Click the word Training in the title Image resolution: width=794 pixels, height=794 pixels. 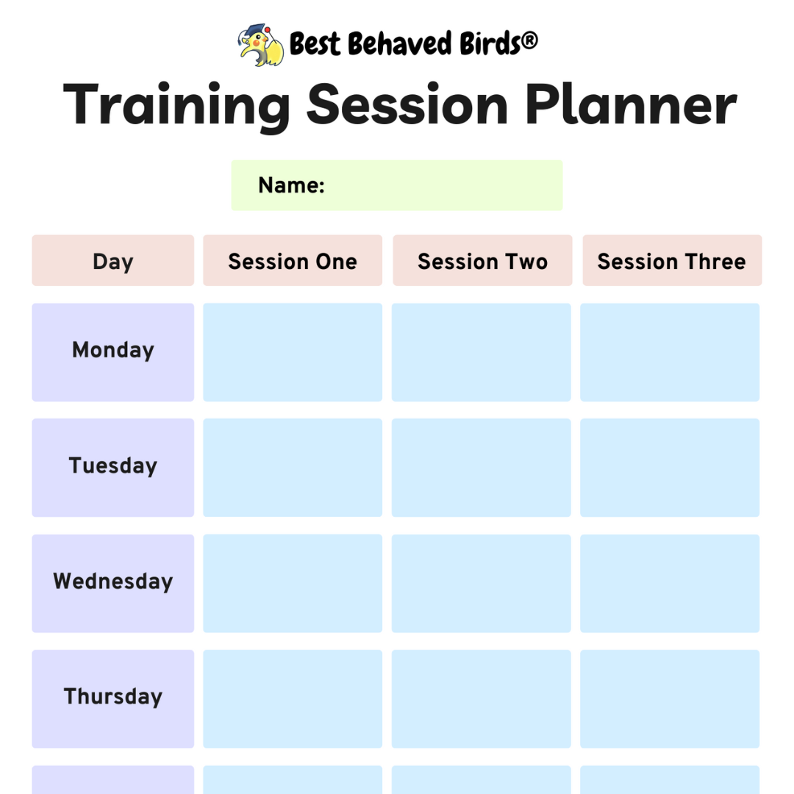coord(176,104)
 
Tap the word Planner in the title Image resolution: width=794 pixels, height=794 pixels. coord(631,104)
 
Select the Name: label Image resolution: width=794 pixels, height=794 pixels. coord(291,185)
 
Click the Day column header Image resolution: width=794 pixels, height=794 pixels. coord(112,261)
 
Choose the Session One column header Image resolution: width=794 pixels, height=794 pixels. coord(293,261)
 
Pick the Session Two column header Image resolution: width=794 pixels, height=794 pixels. coord(482,261)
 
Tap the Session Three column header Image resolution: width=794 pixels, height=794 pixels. coord(672,261)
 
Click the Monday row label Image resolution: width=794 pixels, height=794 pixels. coord(112,351)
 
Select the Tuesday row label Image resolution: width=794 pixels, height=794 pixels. coord(112,466)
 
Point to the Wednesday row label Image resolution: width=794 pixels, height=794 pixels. coord(112,582)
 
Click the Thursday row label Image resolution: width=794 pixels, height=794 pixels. coord(112,697)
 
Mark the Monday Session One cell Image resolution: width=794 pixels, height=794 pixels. coord(293,352)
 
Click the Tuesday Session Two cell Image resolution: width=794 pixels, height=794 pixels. coord(482,468)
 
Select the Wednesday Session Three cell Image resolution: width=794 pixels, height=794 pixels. coord(670,583)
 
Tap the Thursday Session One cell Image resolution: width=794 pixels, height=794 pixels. coord(293,698)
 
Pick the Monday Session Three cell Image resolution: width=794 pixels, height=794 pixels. coord(670,352)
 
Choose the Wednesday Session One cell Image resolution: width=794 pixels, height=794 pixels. coord(293,583)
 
